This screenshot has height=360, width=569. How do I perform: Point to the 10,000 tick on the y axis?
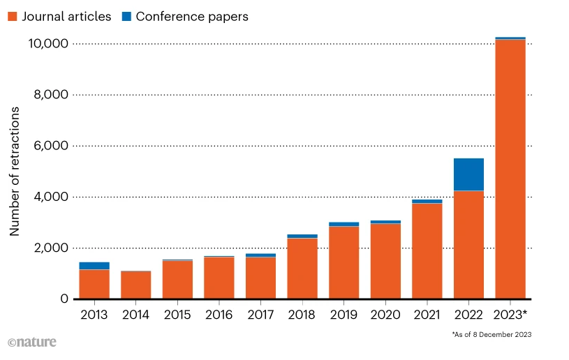(47, 44)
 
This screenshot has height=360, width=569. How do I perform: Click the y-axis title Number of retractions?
(15, 171)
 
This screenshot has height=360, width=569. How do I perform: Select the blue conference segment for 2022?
(468, 174)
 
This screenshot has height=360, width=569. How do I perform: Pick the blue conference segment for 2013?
(94, 266)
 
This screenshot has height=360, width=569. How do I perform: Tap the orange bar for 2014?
(135, 285)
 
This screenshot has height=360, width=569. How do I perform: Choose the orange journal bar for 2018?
(302, 269)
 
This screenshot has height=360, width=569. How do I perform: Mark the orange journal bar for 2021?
(427, 251)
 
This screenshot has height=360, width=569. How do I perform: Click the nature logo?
(32, 343)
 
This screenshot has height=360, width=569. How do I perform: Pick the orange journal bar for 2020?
(385, 262)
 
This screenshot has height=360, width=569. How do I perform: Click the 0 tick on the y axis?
(64, 299)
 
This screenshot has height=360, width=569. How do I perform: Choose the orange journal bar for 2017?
(260, 278)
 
